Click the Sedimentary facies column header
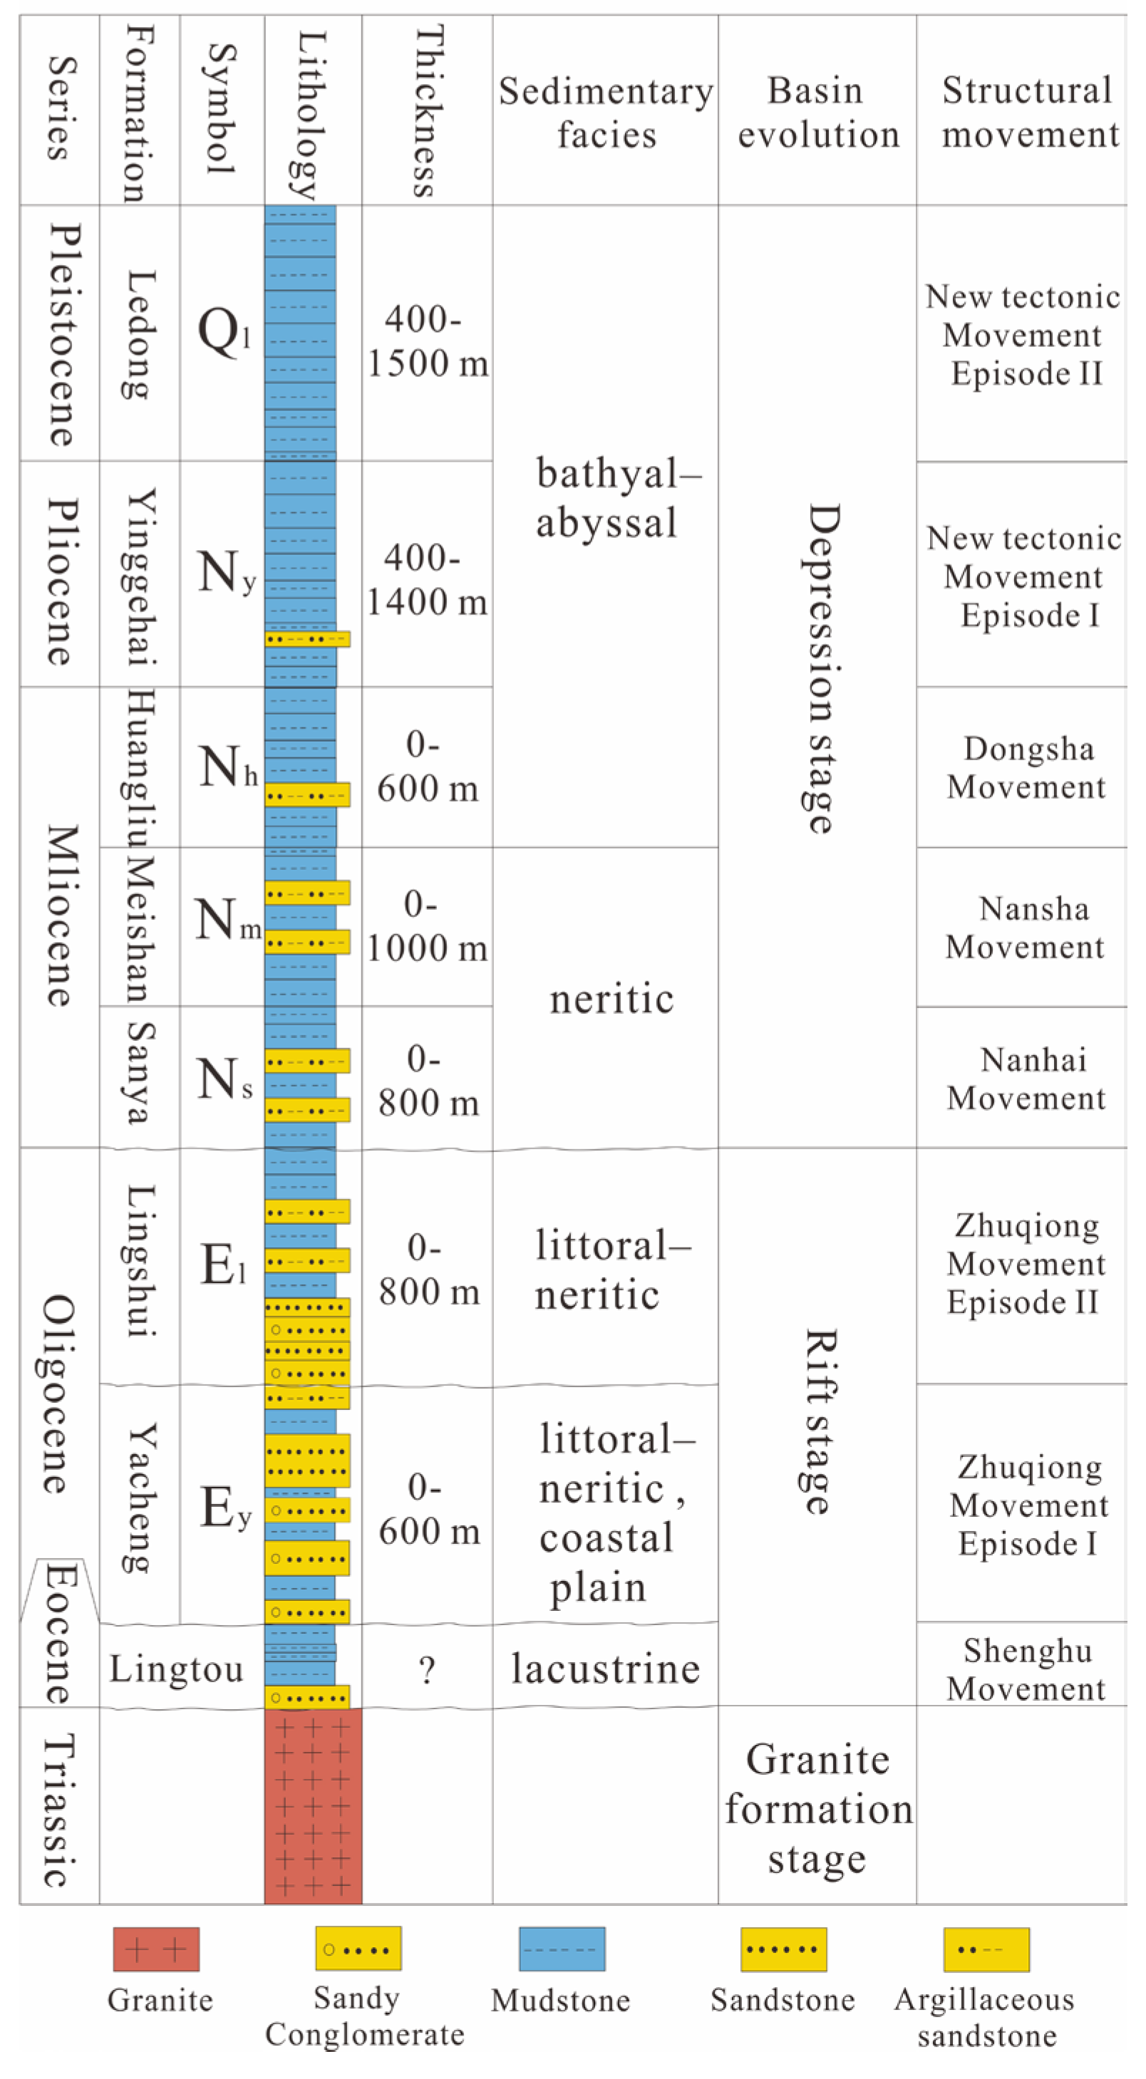[605, 112]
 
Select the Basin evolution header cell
[817, 112]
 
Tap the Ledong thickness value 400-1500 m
[427, 341]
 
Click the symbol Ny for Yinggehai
[225, 573]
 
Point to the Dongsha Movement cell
[1025, 767]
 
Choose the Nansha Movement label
[1025, 928]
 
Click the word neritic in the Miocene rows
[611, 999]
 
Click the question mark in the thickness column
[427, 1669]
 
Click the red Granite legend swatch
[156, 1949]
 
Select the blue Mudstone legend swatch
[562, 1949]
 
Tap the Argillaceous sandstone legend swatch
[986, 1949]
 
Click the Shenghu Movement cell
[1025, 1669]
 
